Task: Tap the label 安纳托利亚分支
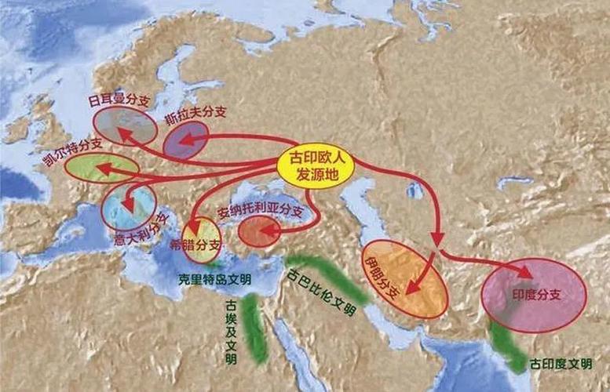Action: (x=260, y=212)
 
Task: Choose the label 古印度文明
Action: (x=560, y=365)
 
